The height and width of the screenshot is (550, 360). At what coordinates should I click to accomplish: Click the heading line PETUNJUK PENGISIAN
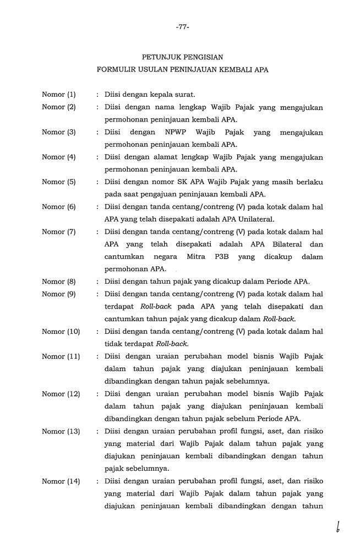tap(183, 57)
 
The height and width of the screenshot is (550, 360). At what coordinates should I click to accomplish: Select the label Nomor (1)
tap(59, 95)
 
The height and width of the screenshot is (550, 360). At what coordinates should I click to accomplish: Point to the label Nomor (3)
tap(59, 132)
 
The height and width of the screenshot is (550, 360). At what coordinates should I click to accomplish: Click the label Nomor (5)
tap(59, 182)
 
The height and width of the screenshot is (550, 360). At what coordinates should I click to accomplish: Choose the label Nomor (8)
tap(59, 282)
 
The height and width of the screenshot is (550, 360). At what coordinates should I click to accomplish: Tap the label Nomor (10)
tap(61, 331)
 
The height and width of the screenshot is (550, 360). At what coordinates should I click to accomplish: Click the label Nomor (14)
tap(61, 481)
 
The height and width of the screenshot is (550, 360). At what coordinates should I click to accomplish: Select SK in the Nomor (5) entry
tap(178, 182)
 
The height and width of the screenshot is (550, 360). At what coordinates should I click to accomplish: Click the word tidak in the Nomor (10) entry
tap(113, 344)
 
